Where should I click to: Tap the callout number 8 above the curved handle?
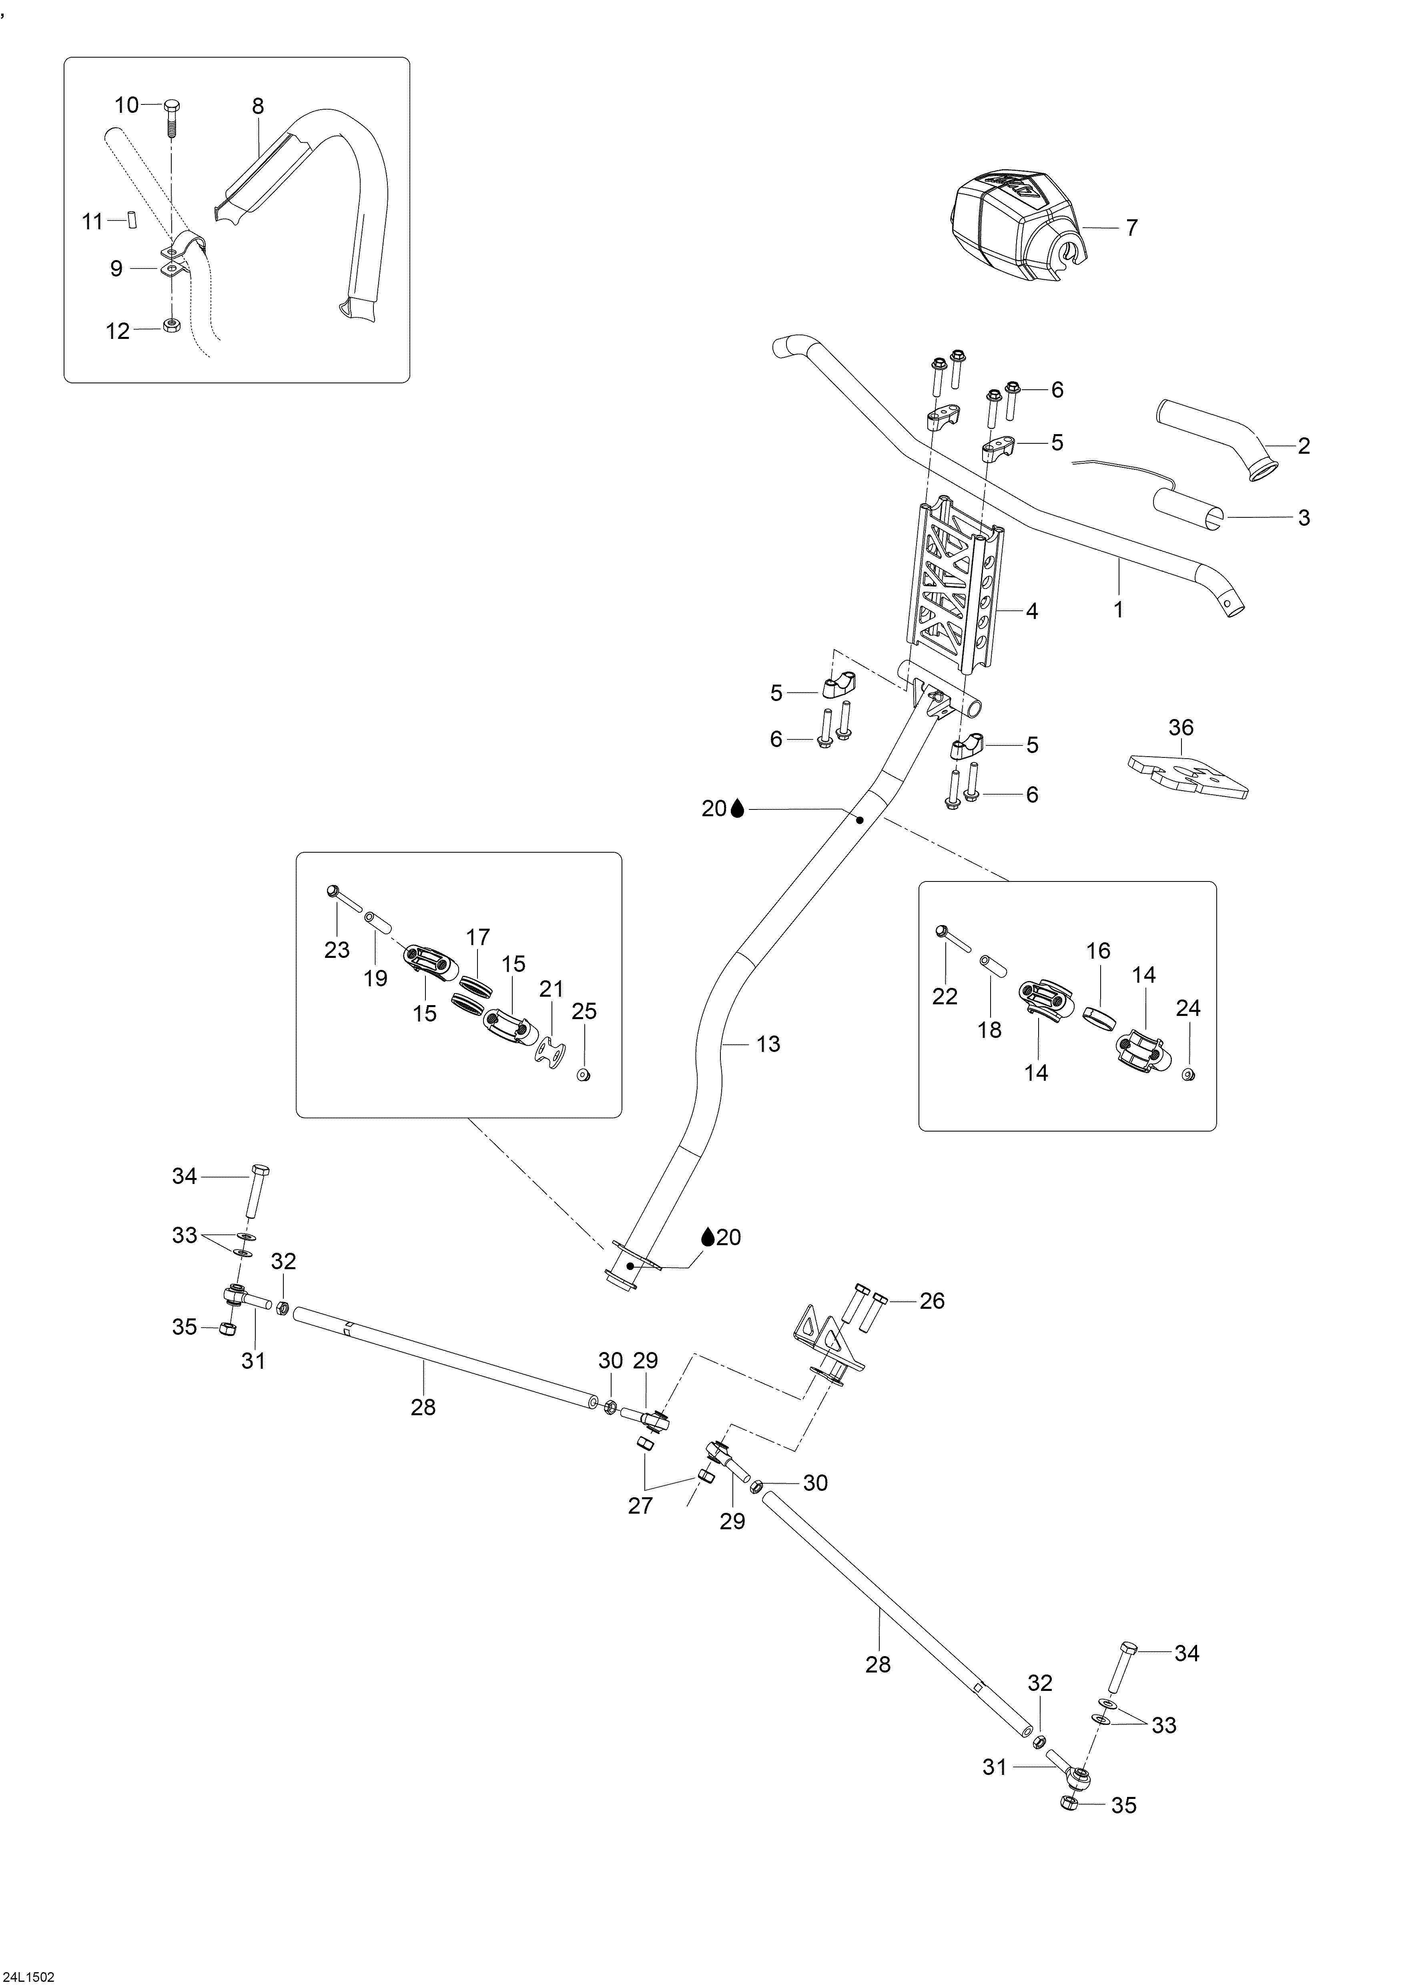258,106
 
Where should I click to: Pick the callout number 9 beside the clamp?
117,269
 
